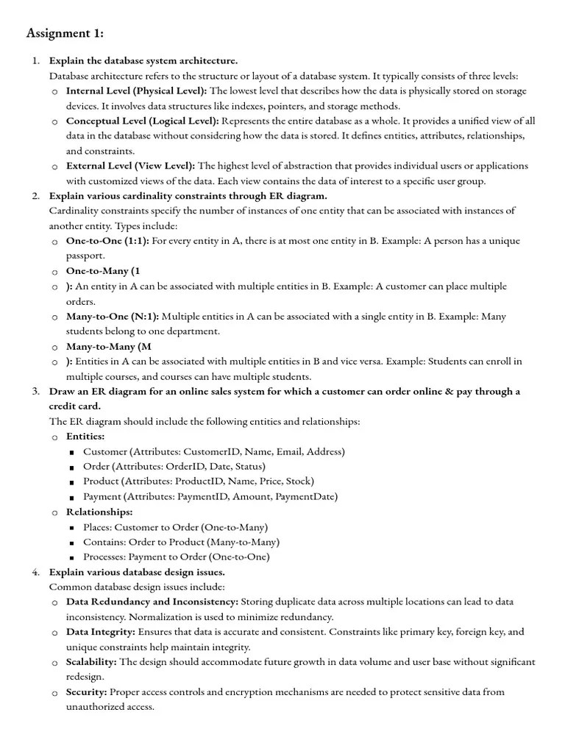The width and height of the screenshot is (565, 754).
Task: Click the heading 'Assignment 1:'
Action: (65, 33)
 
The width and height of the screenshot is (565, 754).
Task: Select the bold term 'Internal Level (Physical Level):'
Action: (137, 91)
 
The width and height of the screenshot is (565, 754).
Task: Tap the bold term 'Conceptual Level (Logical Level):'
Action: (142, 121)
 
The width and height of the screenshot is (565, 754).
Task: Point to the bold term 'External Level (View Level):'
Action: (130, 166)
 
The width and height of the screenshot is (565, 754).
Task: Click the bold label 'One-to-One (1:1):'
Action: (107, 242)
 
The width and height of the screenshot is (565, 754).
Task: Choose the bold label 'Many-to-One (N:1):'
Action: (113, 317)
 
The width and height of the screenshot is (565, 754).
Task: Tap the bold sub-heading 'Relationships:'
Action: (99, 512)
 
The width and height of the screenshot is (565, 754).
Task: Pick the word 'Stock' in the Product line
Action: (298, 482)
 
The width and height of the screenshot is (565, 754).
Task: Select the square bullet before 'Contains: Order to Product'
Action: (71, 543)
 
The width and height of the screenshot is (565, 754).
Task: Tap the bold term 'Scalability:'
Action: (92, 662)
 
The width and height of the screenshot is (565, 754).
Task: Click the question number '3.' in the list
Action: (35, 392)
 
